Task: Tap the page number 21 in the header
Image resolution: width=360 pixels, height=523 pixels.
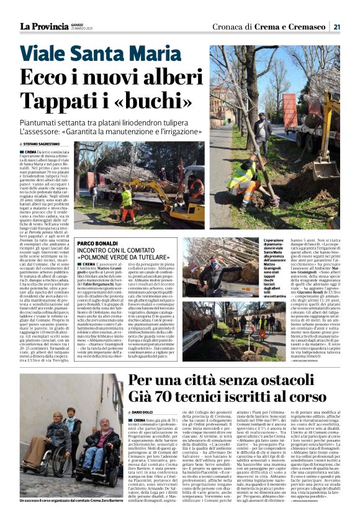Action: coord(336,26)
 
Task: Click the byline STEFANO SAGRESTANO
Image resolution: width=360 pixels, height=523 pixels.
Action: coord(52,144)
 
